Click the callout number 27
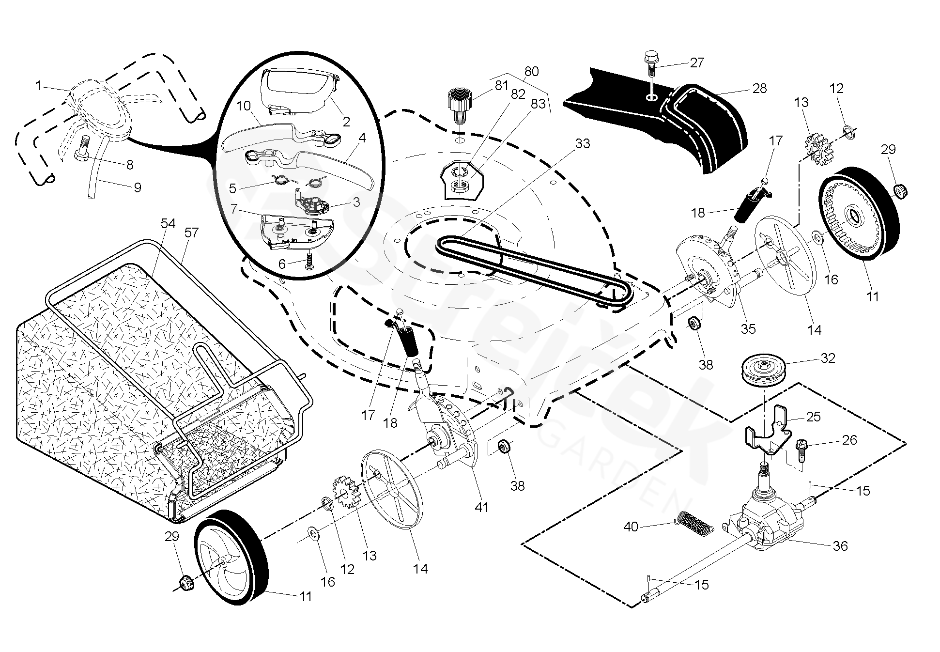(697, 63)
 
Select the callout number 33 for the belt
(583, 144)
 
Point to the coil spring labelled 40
(695, 524)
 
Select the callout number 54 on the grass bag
(168, 223)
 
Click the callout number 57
(192, 233)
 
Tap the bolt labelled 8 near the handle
(82, 148)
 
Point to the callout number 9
(137, 187)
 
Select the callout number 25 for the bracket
(814, 417)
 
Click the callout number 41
(481, 507)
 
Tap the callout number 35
(748, 329)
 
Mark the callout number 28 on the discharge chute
(760, 88)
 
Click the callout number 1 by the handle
(38, 86)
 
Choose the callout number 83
(538, 104)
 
